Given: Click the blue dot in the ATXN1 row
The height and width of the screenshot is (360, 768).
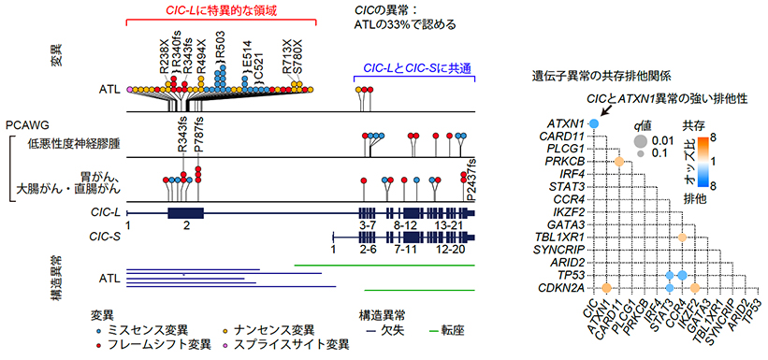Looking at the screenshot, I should click(592, 122).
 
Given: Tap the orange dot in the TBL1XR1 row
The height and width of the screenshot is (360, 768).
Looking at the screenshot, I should click(683, 238).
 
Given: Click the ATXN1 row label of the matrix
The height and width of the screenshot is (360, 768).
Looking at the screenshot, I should click(566, 122).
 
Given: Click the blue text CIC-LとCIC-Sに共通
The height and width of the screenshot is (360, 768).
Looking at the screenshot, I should click(413, 68).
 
